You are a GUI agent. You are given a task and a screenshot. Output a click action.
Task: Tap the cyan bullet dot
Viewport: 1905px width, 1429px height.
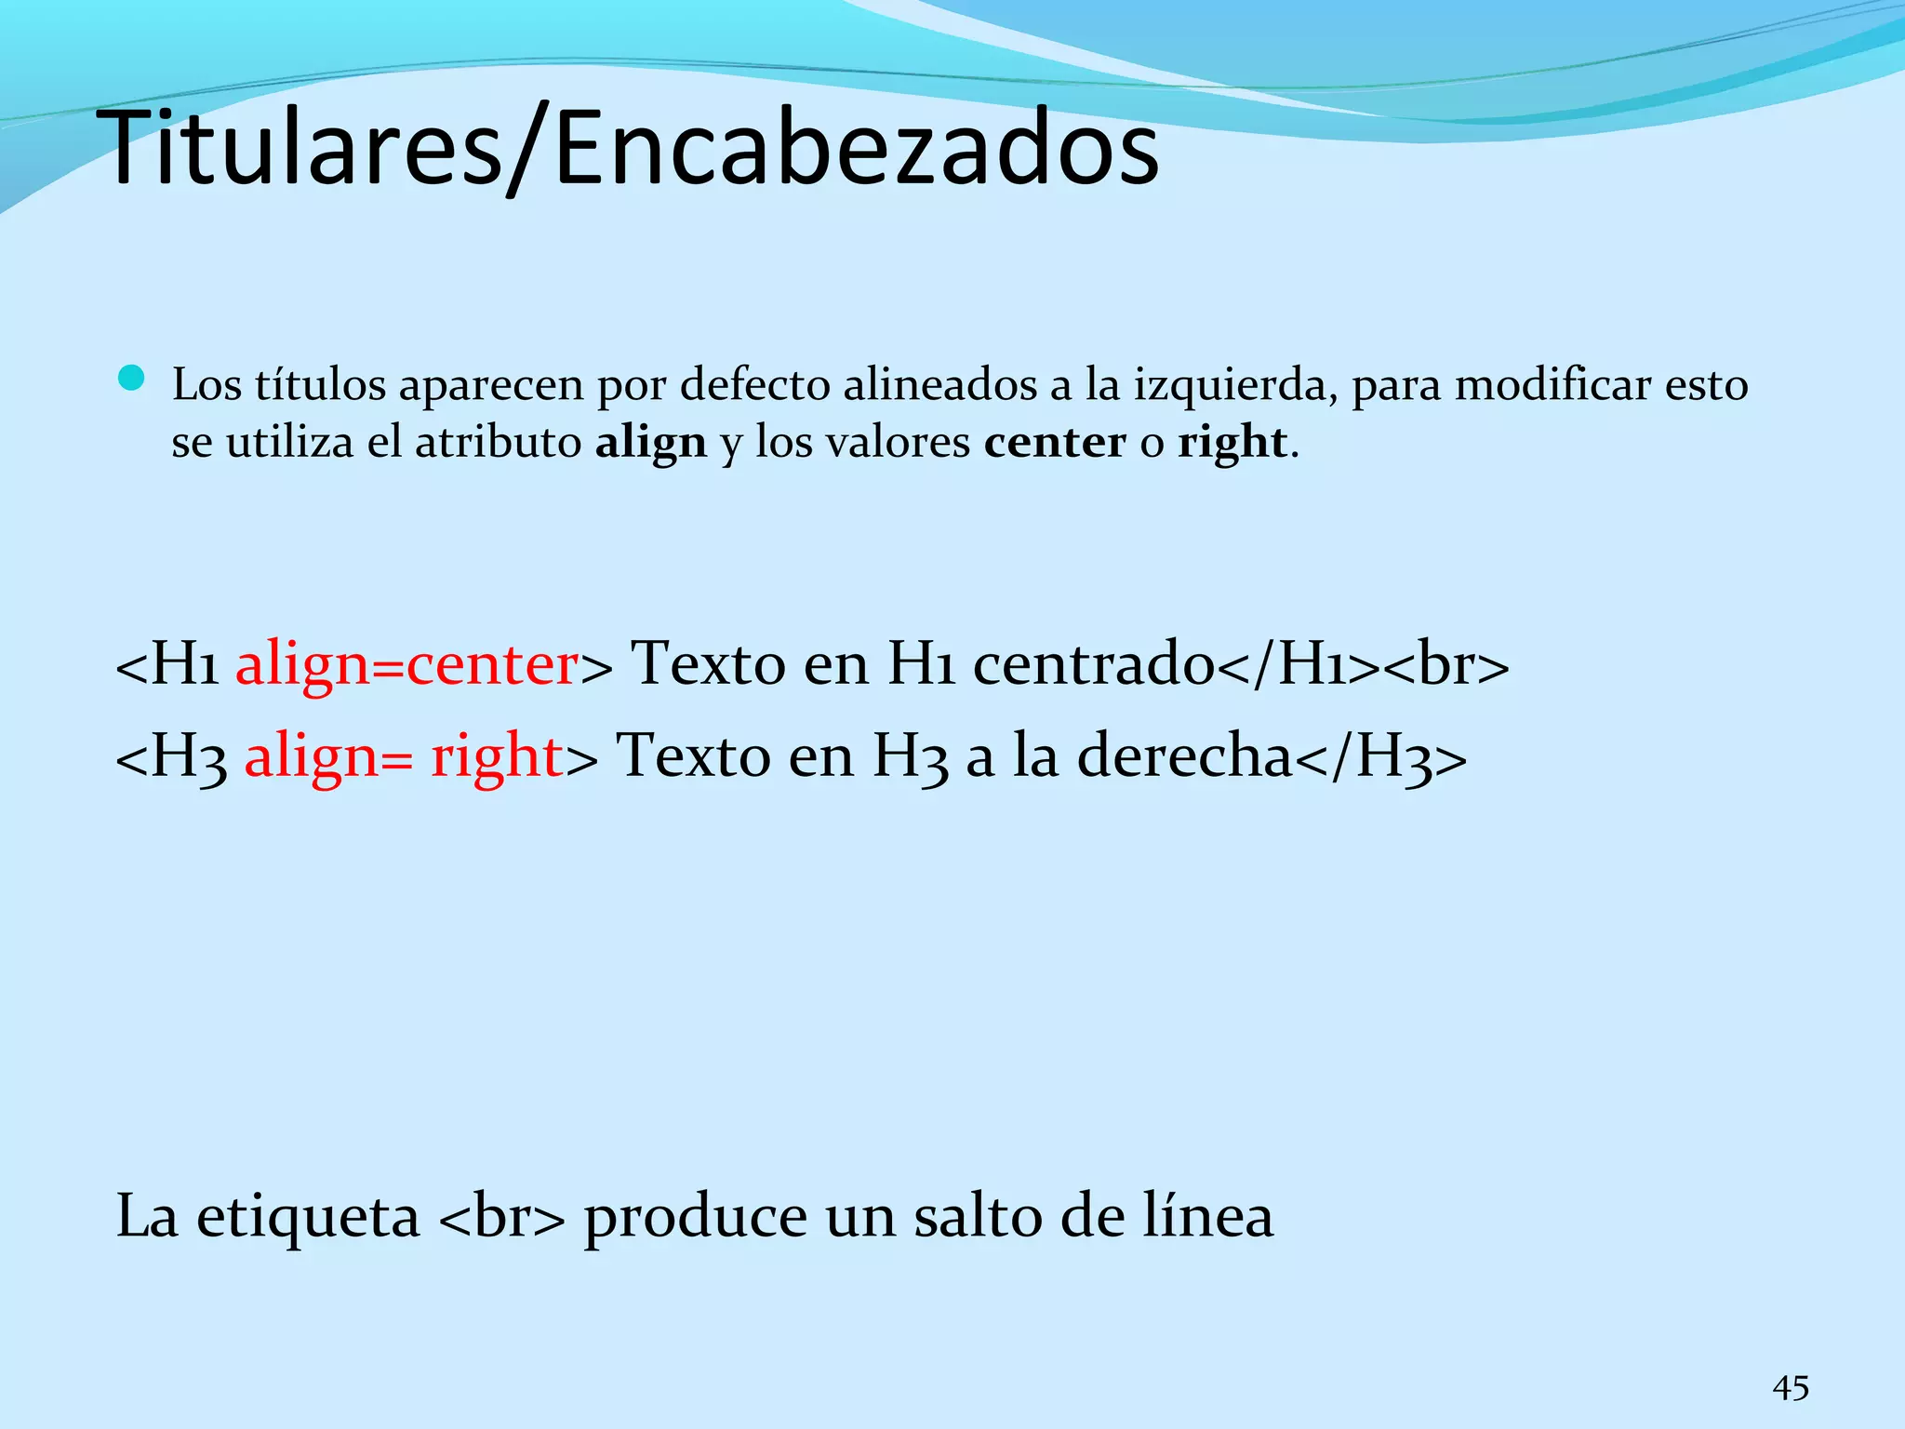coord(133,378)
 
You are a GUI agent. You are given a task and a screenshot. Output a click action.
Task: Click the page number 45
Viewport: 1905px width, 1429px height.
coord(1791,1389)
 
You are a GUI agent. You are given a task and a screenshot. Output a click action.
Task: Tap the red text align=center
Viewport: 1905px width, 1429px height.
coord(407,665)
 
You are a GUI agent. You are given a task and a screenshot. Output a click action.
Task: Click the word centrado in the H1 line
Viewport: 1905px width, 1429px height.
coord(1094,665)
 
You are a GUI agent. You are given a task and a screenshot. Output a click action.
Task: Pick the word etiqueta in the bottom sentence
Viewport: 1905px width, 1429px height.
coord(308,1217)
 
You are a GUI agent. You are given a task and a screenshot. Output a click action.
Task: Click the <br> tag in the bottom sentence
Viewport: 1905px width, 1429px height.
coord(500,1217)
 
